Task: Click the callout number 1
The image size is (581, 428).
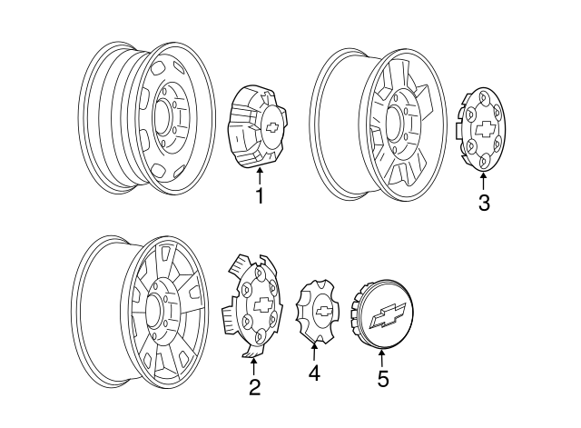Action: point(260,195)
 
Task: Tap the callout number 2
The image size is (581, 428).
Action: point(255,388)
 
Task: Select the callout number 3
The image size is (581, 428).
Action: point(484,204)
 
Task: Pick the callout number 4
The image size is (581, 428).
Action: point(314,373)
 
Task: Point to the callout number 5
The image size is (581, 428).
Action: point(383,379)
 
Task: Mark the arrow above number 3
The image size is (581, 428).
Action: point(484,181)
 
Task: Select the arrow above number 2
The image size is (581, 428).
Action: point(254,365)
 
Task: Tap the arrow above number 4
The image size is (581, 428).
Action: point(314,351)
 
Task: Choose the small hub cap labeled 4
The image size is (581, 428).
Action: point(319,311)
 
